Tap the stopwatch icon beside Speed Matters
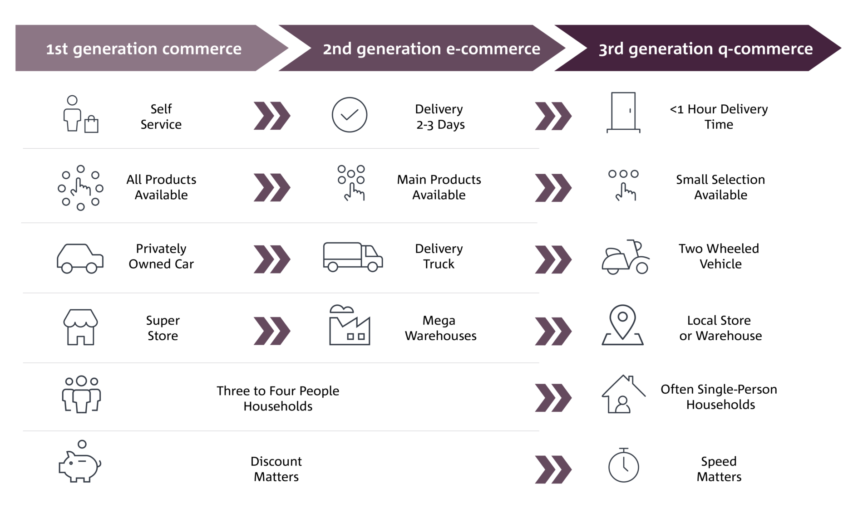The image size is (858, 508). click(x=623, y=466)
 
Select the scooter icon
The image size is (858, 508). click(x=625, y=257)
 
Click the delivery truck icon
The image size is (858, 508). click(x=352, y=257)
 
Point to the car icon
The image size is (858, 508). click(x=80, y=258)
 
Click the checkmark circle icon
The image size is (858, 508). click(x=349, y=115)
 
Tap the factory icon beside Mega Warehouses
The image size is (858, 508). click(x=349, y=325)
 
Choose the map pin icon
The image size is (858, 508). click(x=622, y=325)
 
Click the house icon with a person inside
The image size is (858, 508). click(x=623, y=394)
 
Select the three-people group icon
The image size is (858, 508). click(x=81, y=394)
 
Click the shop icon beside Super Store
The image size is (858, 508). click(x=80, y=327)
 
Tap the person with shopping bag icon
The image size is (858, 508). click(x=80, y=114)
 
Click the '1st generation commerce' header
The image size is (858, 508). click(x=144, y=49)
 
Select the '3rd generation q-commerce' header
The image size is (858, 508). click(x=705, y=49)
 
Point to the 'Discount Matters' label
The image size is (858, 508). click(x=276, y=469)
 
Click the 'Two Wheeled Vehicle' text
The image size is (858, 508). click(x=719, y=256)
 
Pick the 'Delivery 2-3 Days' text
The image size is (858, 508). click(x=439, y=117)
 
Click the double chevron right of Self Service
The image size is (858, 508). click(x=271, y=116)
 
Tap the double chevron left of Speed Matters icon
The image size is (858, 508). click(x=553, y=469)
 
